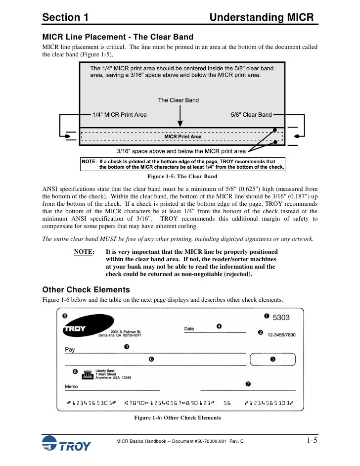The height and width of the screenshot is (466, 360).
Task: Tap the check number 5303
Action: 281,318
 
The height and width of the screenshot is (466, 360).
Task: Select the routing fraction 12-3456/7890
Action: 284,335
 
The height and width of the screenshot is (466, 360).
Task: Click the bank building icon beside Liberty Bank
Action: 88,374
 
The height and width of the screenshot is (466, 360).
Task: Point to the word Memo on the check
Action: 71,386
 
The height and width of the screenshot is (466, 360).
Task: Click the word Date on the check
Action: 189,328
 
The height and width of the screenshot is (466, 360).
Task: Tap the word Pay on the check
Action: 70,350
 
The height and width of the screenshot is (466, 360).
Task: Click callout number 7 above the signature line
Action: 248,384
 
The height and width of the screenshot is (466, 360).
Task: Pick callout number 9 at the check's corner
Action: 65,316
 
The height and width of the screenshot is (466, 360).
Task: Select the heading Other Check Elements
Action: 86,290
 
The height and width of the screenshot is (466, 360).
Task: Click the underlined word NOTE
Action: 84,252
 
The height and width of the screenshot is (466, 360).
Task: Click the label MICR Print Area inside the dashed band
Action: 182,136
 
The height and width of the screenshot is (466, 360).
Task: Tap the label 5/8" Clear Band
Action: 251,115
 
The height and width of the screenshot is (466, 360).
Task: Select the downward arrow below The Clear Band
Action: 180,117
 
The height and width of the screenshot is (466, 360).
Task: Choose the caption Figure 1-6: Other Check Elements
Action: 178,418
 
